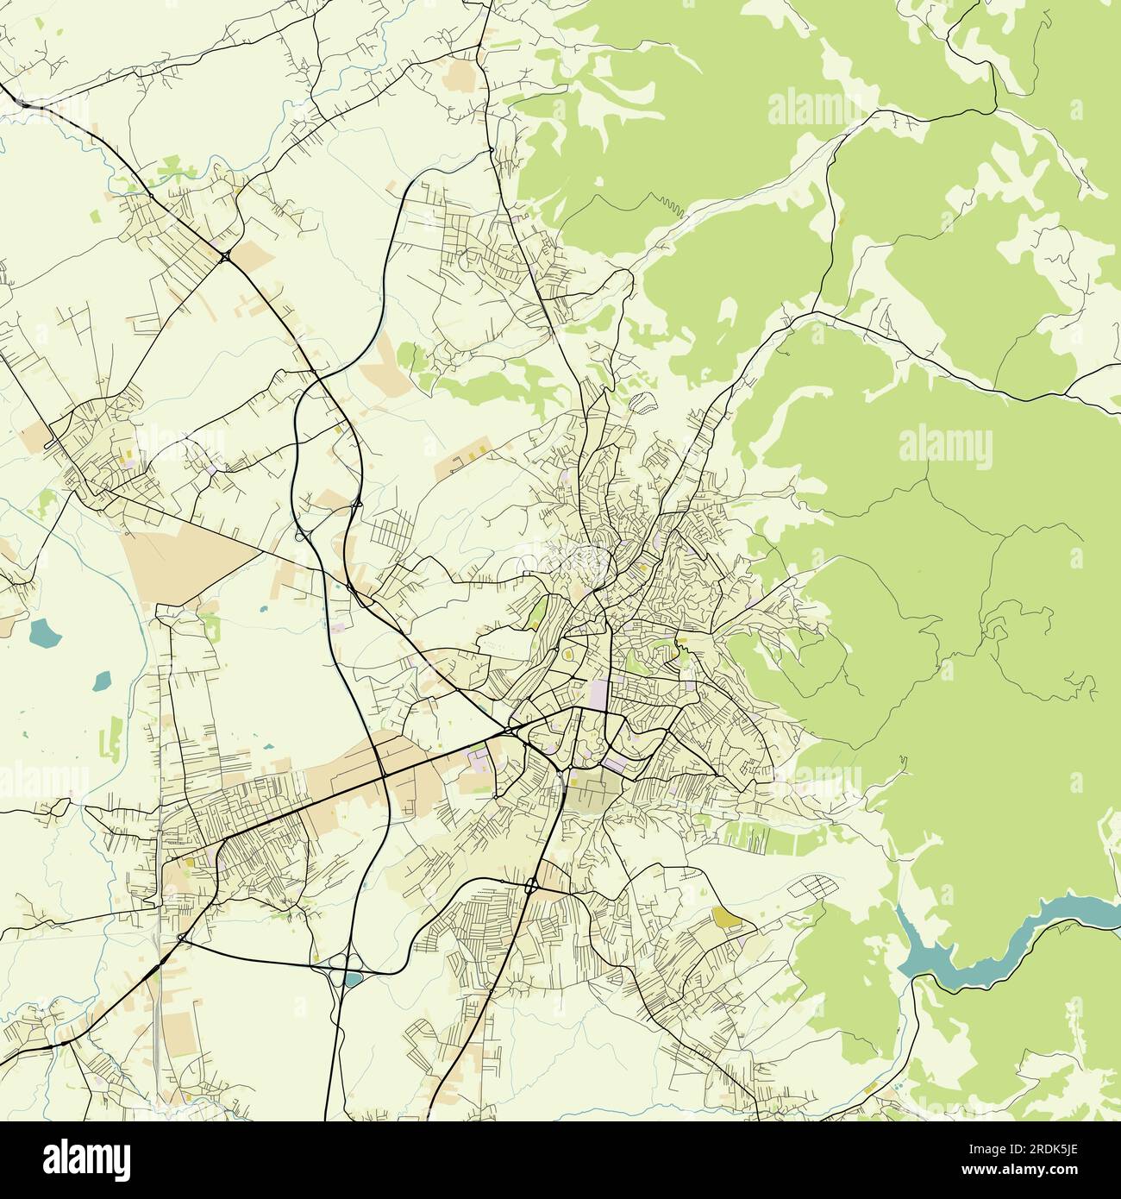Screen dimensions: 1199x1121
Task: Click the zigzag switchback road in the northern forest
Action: pos(664,205)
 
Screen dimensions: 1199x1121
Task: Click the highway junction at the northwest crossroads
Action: pos(225,255)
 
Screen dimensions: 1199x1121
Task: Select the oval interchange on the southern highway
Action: pos(531,886)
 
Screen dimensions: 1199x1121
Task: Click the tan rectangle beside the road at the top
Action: pos(463,76)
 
